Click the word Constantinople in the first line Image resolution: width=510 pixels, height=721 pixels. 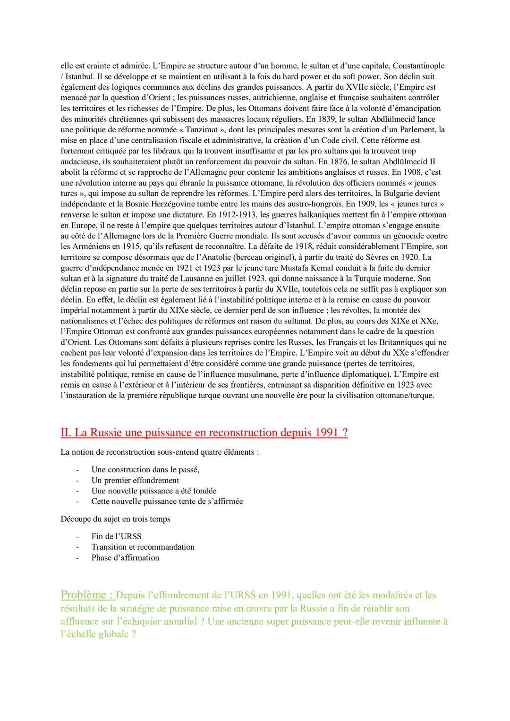point(418,66)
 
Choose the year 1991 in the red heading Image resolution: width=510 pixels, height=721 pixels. point(327,433)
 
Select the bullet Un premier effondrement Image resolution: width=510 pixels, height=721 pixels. point(135,480)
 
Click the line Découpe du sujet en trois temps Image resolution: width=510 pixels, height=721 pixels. point(115,519)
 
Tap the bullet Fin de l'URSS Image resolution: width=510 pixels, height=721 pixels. point(116,536)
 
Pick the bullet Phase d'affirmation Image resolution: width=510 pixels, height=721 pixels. point(125,558)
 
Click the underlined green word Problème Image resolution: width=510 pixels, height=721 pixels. point(84,595)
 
